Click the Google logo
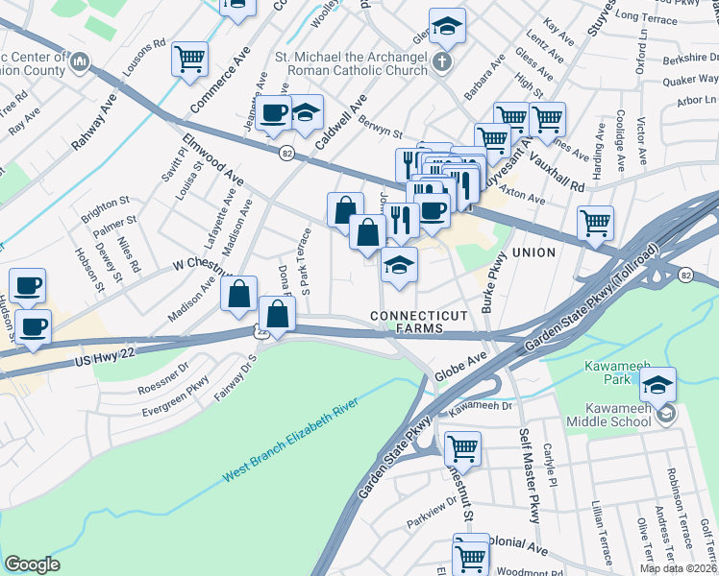tap(32, 564)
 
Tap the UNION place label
tap(534, 252)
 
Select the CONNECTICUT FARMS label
tap(419, 322)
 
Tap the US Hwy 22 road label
tap(113, 363)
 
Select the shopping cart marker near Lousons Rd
tap(190, 59)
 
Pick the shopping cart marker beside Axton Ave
tap(596, 223)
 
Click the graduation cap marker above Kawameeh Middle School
tap(657, 385)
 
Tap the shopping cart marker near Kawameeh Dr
tap(462, 447)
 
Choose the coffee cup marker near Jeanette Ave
tap(275, 112)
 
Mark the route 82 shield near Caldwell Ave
tap(286, 153)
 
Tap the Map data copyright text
tap(678, 568)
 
